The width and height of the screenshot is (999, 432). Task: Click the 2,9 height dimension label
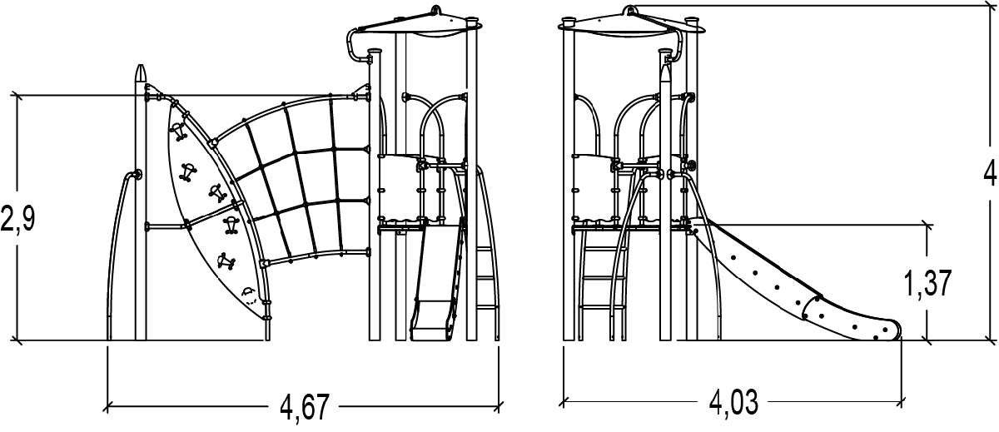17,218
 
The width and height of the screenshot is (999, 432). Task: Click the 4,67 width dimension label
305,406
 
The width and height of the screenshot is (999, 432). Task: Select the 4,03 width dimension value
733,402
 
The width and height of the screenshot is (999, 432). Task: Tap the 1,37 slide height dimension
927,283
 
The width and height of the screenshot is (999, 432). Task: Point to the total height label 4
990,173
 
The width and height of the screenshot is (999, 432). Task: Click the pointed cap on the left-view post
141,73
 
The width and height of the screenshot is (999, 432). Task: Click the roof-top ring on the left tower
435,10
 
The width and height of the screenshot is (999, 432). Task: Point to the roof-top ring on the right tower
629,10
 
